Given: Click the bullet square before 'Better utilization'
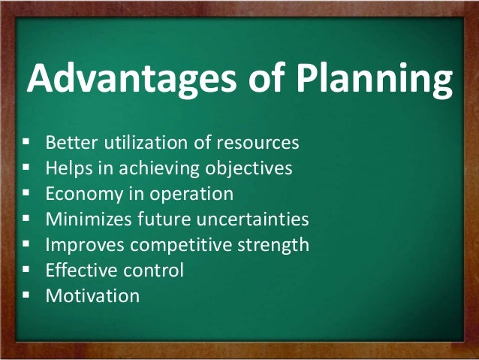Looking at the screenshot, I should [27, 141].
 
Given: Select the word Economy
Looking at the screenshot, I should [81, 193].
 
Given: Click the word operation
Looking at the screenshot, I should [196, 193].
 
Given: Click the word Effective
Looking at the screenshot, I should [78, 270].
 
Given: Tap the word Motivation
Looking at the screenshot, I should [92, 295].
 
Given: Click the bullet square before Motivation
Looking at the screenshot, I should [27, 295].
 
